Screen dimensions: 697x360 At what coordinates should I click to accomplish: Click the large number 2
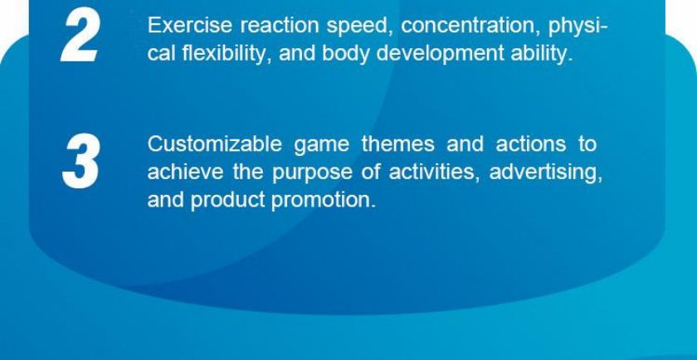click(79, 36)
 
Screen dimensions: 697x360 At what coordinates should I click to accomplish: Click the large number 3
click(80, 161)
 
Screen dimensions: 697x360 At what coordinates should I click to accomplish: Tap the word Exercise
click(190, 26)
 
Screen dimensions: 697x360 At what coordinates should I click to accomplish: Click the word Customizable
click(214, 144)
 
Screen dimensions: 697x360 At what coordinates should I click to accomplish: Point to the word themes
click(398, 144)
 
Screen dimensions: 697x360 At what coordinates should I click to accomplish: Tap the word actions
click(531, 145)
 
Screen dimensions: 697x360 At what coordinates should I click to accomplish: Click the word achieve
click(185, 172)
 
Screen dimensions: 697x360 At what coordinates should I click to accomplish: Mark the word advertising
click(546, 173)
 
